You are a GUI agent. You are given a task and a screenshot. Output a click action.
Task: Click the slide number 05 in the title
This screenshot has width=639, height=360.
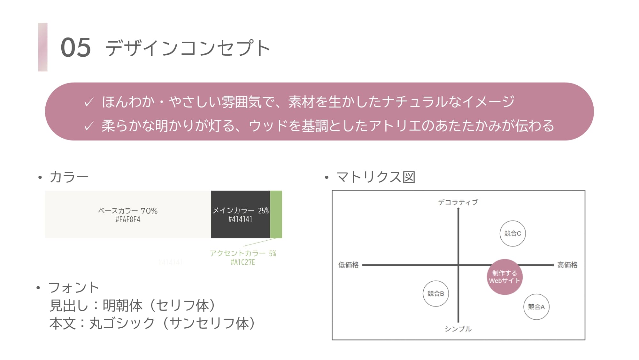[x=76, y=47]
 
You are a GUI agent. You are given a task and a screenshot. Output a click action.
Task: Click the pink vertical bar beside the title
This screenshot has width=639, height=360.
[x=43, y=47]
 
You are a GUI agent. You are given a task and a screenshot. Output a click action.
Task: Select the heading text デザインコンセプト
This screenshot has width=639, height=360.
[x=188, y=48]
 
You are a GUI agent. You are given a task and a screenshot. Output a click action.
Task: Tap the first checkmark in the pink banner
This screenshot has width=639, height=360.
[x=89, y=102]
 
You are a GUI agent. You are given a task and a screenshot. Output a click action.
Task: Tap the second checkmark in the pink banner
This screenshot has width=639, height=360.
[x=89, y=126]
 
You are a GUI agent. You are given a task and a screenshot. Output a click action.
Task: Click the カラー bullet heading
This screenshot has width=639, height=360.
[x=69, y=177]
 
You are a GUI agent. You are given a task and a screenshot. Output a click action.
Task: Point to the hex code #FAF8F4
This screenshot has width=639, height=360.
[x=128, y=220]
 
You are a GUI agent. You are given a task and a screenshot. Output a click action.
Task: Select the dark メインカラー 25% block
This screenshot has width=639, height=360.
[x=240, y=214]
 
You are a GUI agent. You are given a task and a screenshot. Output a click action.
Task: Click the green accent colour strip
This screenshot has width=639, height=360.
[x=276, y=214]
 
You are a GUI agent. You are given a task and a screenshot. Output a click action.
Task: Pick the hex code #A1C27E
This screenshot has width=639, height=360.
[x=243, y=262]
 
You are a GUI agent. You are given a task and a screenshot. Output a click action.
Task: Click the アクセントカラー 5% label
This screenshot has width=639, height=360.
[x=243, y=253]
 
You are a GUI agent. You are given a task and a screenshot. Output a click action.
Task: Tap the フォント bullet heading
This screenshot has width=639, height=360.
[x=73, y=287]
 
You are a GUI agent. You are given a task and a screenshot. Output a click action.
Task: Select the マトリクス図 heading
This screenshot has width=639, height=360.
[x=376, y=177]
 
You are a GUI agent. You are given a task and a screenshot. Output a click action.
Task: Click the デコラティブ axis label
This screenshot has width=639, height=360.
[x=458, y=202]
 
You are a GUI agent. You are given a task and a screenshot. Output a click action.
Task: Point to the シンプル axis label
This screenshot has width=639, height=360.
[x=458, y=329]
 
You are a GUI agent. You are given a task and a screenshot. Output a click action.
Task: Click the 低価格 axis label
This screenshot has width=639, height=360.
[x=349, y=265]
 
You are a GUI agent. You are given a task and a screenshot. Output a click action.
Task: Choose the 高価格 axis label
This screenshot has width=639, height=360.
[x=567, y=265]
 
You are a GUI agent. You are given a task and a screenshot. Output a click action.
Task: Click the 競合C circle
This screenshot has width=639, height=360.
[x=512, y=234]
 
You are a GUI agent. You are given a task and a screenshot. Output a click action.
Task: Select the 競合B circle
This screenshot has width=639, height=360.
[x=436, y=293]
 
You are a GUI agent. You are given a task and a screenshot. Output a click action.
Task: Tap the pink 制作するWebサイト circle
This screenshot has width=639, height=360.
[x=504, y=277]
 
